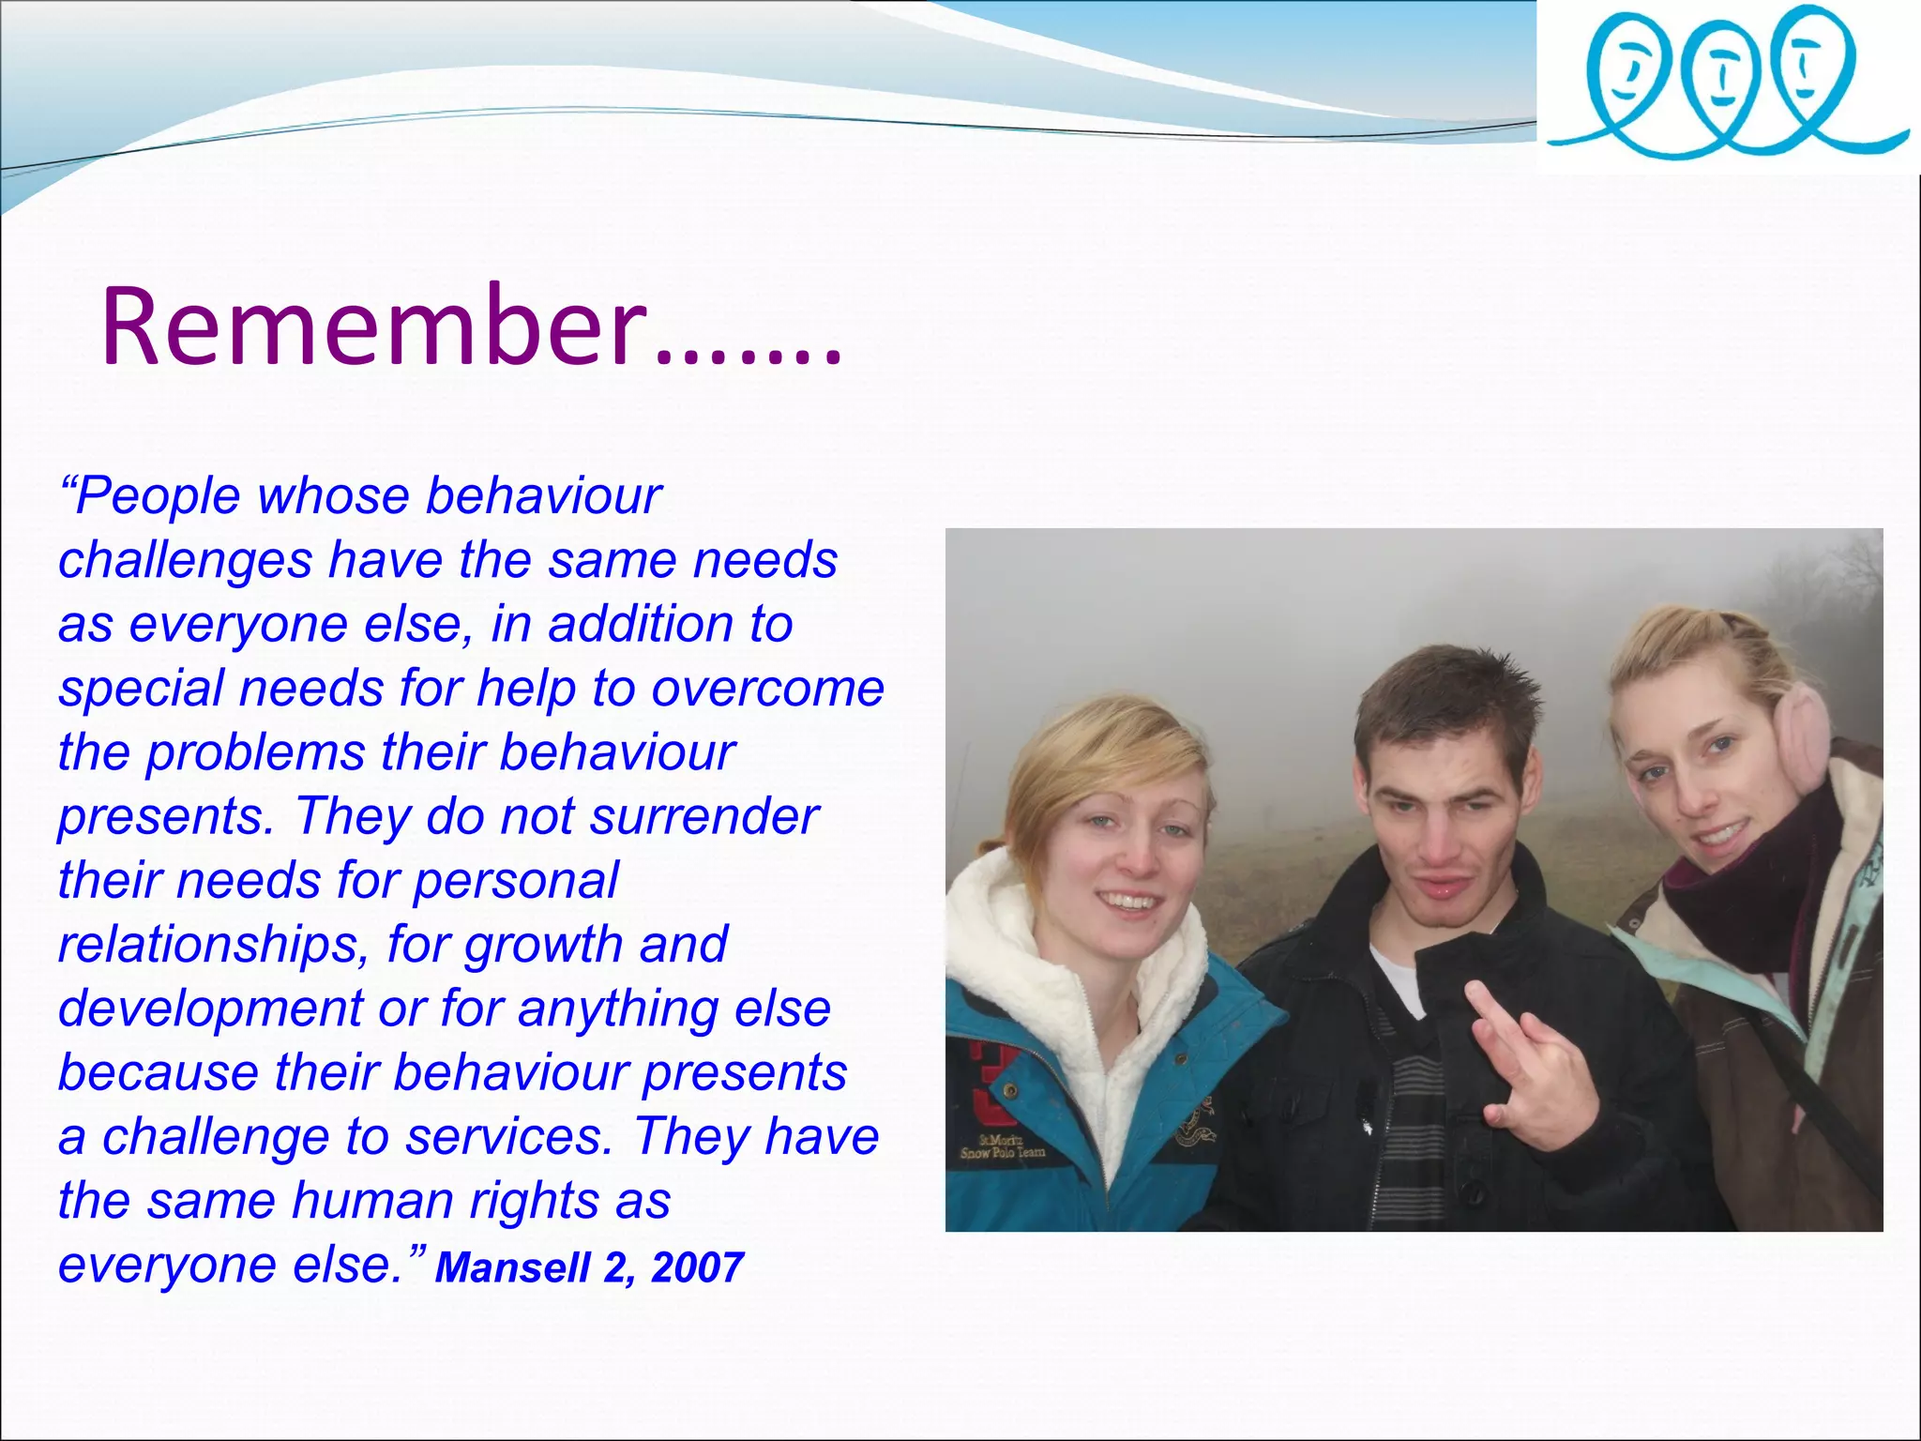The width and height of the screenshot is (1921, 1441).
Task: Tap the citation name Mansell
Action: click(x=512, y=1268)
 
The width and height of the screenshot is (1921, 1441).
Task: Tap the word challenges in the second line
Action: click(x=185, y=561)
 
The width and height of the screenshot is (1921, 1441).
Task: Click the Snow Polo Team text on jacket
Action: click(x=1002, y=1146)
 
